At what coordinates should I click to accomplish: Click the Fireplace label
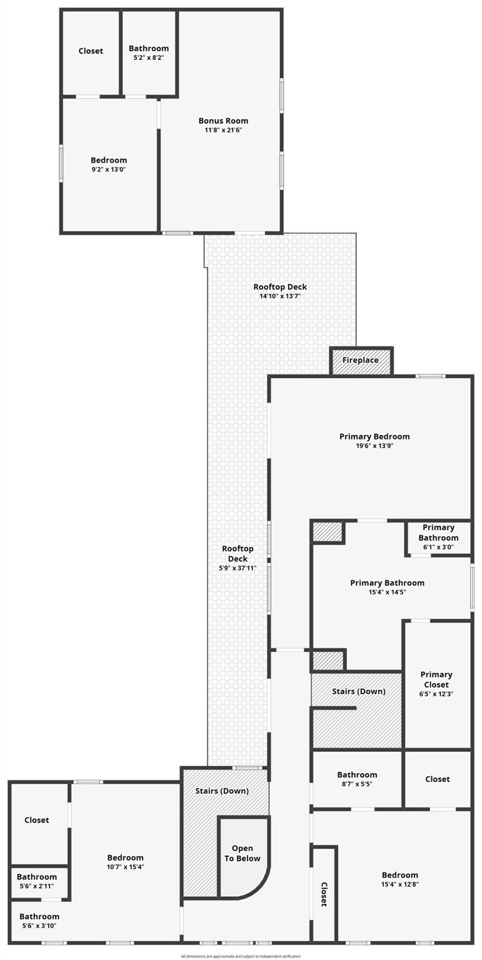tap(360, 361)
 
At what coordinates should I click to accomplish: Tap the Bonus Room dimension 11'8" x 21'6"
tap(223, 130)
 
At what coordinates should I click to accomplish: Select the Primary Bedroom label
tap(374, 436)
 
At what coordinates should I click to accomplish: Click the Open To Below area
tap(243, 853)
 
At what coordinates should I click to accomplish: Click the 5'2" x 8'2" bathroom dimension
tap(149, 57)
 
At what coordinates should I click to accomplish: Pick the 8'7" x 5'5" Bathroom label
tap(357, 774)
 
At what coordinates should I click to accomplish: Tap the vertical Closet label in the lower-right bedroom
tap(324, 894)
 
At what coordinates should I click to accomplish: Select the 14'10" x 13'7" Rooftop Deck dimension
tap(280, 296)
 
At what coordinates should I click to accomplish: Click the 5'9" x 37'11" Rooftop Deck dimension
tap(238, 568)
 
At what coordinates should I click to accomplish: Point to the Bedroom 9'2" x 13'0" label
tap(109, 160)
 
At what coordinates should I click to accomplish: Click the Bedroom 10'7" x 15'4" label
tap(125, 857)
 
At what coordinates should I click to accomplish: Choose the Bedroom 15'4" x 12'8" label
tap(399, 875)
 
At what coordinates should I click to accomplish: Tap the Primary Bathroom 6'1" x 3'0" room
tap(438, 537)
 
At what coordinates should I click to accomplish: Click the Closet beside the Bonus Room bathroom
tap(91, 51)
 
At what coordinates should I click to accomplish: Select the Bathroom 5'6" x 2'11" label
tap(37, 877)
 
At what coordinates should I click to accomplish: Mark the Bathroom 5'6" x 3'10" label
tap(39, 916)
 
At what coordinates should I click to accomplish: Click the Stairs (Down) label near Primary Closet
tap(358, 691)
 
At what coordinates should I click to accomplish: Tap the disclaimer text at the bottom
tap(241, 956)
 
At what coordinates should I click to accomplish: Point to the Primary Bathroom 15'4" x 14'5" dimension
tap(387, 592)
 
